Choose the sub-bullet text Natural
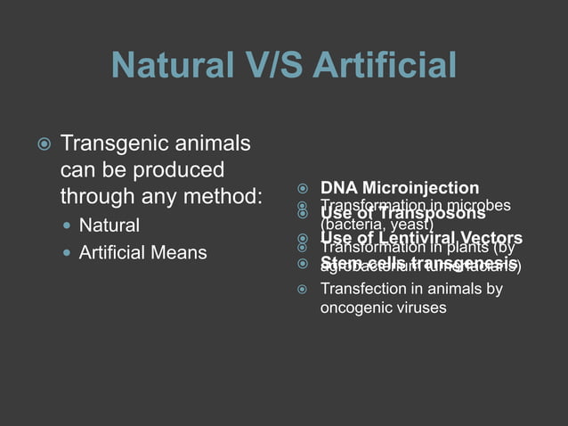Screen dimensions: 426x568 tap(110, 224)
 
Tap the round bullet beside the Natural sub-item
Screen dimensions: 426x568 tap(67, 224)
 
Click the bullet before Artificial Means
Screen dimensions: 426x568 tap(67, 253)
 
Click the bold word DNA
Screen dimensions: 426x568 tap(337, 188)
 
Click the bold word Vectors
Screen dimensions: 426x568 tap(491, 238)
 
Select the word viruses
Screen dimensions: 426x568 tap(424, 308)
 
